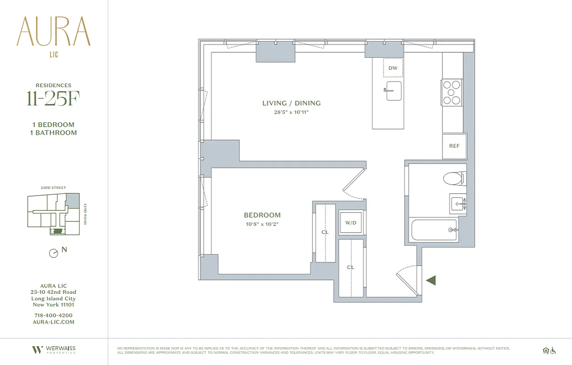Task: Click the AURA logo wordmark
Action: pyautogui.click(x=53, y=32)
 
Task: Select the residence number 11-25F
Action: pyautogui.click(x=53, y=99)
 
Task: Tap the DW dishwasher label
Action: pyautogui.click(x=393, y=68)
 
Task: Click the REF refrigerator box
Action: pyautogui.click(x=454, y=146)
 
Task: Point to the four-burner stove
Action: pyautogui.click(x=452, y=93)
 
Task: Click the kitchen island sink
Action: pyautogui.click(x=393, y=90)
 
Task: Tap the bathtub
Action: pyautogui.click(x=434, y=230)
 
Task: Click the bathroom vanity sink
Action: pyautogui.click(x=458, y=203)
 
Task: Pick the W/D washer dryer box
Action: pyautogui.click(x=351, y=223)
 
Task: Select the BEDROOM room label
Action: pyautogui.click(x=262, y=215)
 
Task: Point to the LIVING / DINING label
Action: pyautogui.click(x=291, y=103)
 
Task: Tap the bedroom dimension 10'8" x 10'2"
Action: pyautogui.click(x=262, y=224)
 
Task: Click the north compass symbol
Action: pyautogui.click(x=54, y=253)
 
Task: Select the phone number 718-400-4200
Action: pyautogui.click(x=53, y=315)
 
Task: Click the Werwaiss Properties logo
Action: pyautogui.click(x=53, y=350)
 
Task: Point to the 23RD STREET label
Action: pyautogui.click(x=53, y=188)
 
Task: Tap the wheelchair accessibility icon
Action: pyautogui.click(x=553, y=350)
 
